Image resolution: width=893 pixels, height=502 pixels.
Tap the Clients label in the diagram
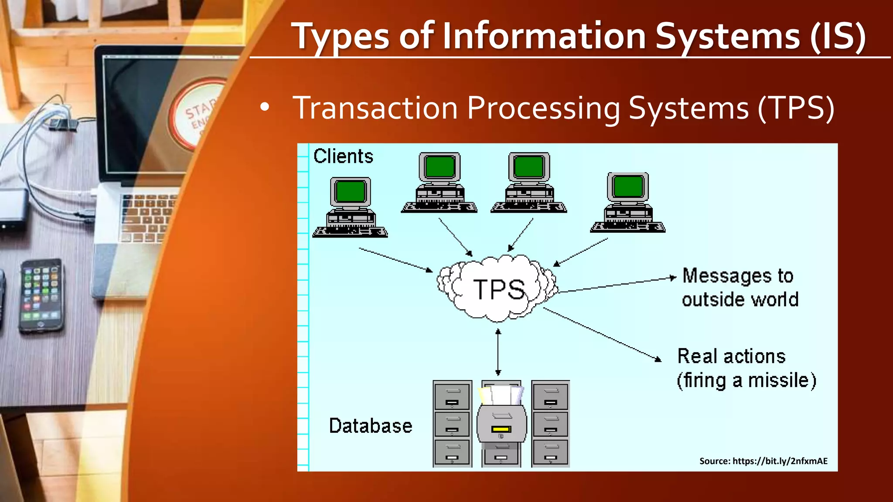coord(343,156)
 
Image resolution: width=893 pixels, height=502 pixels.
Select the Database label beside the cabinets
coord(370,426)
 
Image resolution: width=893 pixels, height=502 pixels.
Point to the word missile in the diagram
coord(781,380)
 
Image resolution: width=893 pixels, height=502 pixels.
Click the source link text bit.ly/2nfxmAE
coord(780,461)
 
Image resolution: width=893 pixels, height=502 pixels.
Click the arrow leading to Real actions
coord(602,334)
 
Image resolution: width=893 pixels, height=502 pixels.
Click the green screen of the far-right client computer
coord(627,187)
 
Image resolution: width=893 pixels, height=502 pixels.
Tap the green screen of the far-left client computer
coord(350,192)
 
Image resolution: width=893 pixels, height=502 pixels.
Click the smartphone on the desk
coord(41,295)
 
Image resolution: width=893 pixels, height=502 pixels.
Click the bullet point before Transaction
coord(264,107)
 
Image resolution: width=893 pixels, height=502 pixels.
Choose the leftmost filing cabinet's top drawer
coord(452,396)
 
